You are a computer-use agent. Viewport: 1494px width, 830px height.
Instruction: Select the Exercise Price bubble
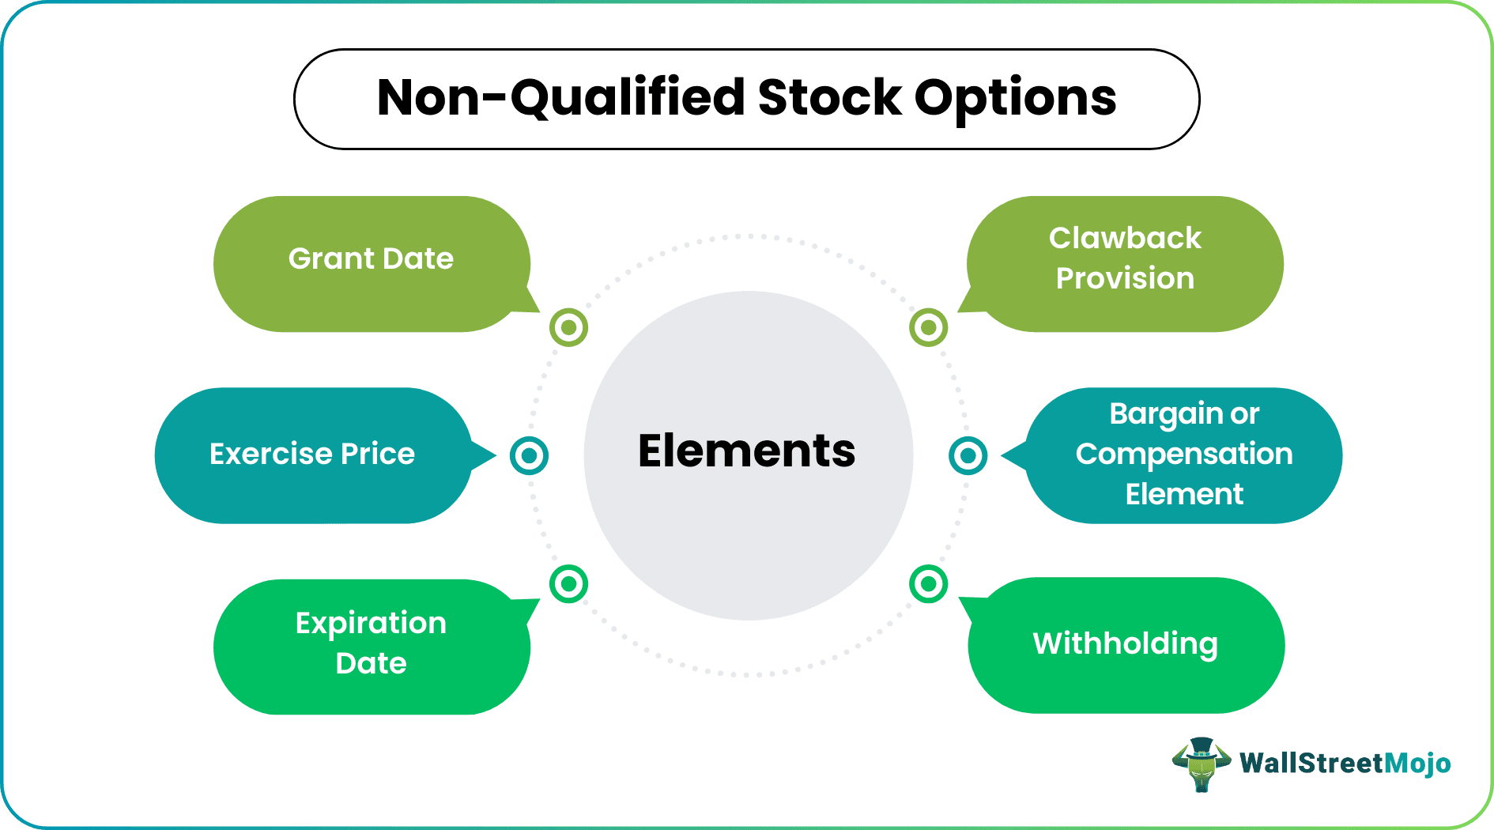[312, 455]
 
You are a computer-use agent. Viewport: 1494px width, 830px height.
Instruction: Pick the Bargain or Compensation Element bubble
[1183, 455]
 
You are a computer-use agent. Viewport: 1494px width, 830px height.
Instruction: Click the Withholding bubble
[1125, 644]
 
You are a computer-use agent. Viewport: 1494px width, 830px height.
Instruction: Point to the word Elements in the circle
[746, 451]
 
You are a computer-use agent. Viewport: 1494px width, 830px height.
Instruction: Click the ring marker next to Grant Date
[568, 327]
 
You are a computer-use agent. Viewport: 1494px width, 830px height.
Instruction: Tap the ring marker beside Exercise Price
[529, 455]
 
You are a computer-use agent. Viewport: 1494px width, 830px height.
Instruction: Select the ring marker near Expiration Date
[568, 584]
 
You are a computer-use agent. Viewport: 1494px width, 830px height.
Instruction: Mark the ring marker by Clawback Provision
[928, 327]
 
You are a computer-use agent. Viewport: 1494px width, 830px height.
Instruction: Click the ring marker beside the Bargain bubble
[968, 455]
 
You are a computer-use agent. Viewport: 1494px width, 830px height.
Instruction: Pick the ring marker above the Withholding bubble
[928, 584]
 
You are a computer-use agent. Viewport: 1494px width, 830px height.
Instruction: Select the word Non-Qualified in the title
[560, 98]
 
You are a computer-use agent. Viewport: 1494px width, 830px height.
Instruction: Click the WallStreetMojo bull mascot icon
[1201, 764]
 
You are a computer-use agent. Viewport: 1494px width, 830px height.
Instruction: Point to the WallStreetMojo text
[1345, 763]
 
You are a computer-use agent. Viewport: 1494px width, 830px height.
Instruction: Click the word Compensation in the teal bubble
[1183, 455]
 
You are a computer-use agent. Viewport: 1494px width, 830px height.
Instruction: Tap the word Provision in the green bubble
[1125, 278]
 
